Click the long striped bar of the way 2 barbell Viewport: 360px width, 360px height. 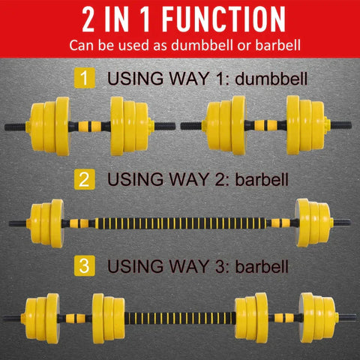click(x=180, y=222)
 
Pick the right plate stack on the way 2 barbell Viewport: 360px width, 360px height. click(x=314, y=222)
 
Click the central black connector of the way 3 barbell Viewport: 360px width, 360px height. click(x=179, y=316)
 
